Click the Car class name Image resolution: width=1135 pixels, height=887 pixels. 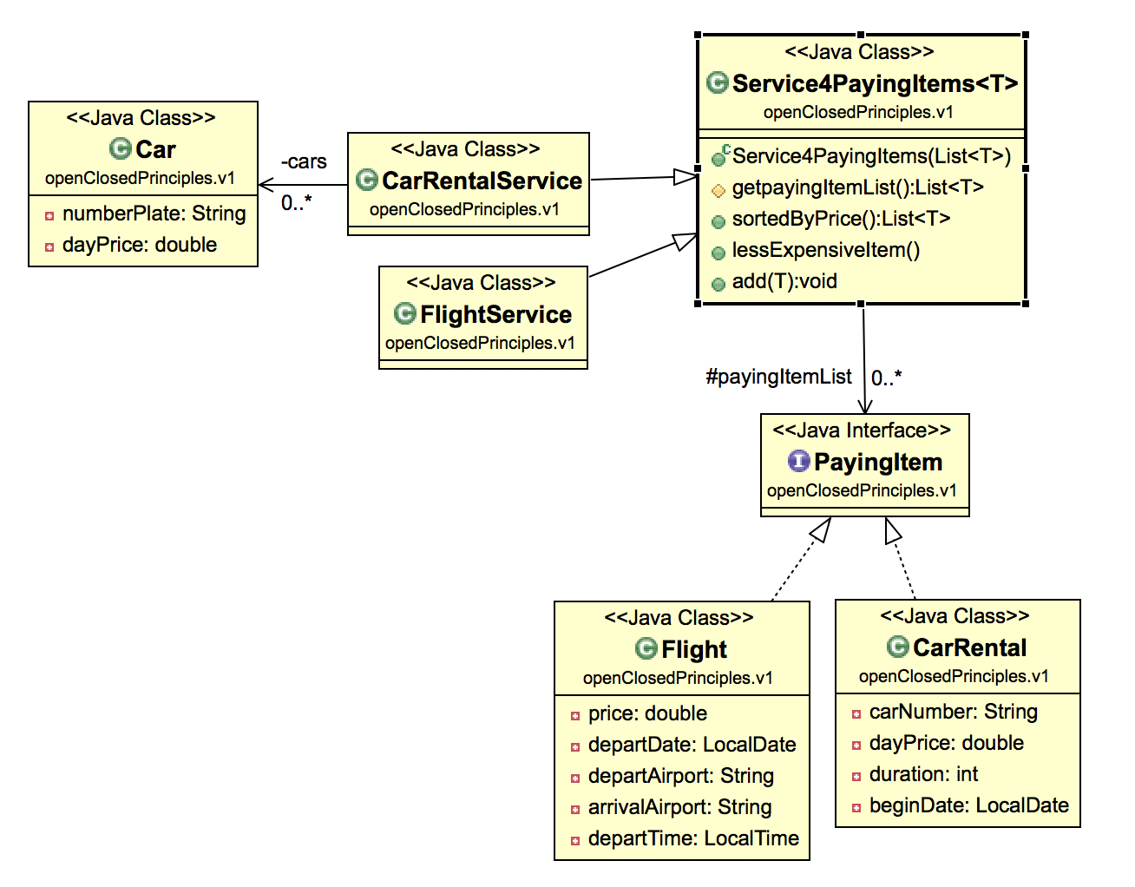click(155, 149)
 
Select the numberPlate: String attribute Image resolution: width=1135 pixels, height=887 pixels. click(154, 214)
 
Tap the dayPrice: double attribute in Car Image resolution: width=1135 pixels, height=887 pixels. click(139, 245)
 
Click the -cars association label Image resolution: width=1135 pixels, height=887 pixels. click(304, 161)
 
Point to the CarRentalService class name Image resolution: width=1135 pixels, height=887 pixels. click(482, 181)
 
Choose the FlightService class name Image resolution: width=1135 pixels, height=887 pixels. click(495, 314)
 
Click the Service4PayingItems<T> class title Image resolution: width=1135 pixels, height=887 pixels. click(875, 83)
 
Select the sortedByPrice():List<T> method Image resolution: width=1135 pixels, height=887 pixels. click(841, 219)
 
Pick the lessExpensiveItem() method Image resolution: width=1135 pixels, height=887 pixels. click(825, 250)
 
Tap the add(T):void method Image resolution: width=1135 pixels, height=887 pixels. click(784, 281)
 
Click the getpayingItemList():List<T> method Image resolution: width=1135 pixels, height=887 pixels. click(857, 187)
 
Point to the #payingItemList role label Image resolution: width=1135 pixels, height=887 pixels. click(778, 377)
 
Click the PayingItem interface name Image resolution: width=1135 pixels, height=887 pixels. click(877, 462)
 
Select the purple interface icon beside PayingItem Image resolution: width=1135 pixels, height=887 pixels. click(798, 461)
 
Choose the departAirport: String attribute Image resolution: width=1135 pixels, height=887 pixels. click(680, 776)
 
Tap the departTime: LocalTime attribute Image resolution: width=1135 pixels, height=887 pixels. click(692, 838)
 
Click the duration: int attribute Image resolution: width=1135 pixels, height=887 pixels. click(923, 774)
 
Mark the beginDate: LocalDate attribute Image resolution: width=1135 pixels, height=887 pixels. click(968, 805)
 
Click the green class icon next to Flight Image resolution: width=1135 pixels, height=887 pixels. click(646, 648)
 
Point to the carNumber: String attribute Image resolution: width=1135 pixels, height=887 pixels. click(953, 712)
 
